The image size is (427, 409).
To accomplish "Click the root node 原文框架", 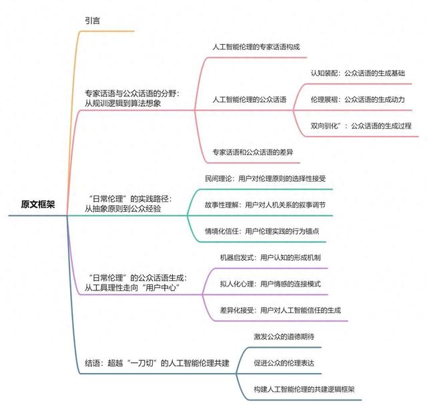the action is [38, 204].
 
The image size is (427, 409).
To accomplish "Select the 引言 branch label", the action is [92, 21].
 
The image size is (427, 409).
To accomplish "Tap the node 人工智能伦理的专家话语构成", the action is [256, 47].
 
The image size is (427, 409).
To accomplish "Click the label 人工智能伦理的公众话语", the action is [249, 99].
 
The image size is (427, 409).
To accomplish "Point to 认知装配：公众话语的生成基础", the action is [358, 73].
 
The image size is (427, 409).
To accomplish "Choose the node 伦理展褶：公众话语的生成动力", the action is [358, 99].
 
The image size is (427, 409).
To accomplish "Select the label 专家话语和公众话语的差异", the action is [253, 153].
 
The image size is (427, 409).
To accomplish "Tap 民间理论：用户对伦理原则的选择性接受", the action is [266, 179].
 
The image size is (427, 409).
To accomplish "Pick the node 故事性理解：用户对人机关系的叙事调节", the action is [266, 205].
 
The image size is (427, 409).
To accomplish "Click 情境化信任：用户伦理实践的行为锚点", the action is [262, 231].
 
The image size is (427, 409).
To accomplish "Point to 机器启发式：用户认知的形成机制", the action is [270, 258].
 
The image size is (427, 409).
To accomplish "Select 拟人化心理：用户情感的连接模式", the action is [270, 284].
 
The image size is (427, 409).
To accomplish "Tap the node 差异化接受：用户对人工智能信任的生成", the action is [280, 310].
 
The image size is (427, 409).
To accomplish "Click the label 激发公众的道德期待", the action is [284, 336].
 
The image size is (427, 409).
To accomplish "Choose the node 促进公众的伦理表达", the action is [284, 363].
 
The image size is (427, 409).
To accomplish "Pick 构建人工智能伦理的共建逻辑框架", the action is [304, 390].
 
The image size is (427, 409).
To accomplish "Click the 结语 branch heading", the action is [157, 363].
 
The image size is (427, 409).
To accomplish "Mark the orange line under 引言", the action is [107, 31].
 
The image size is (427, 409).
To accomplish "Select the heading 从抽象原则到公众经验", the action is [123, 209].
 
